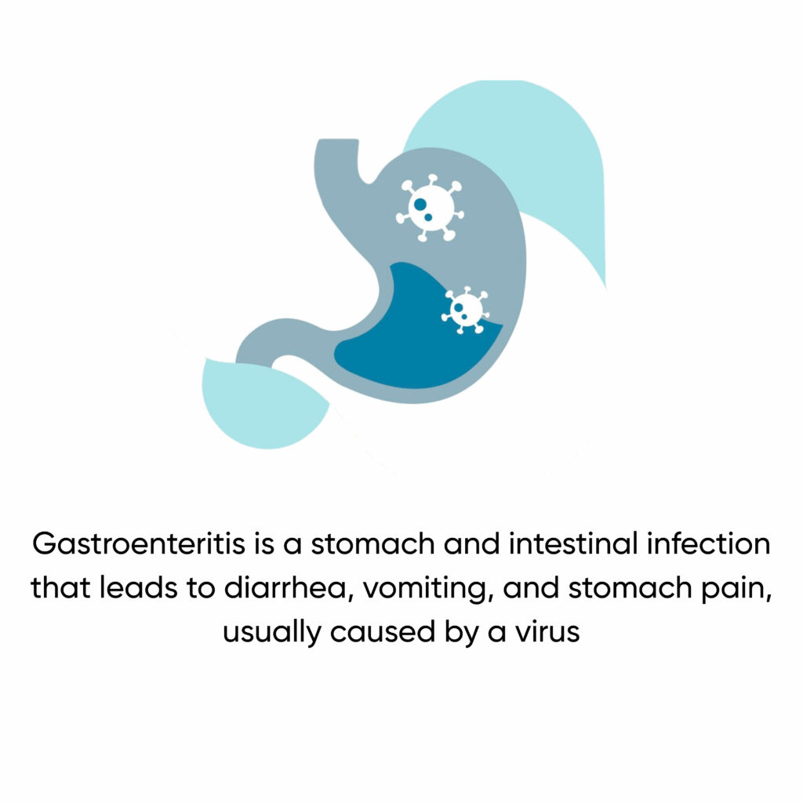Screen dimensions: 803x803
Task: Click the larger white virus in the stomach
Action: click(x=431, y=207)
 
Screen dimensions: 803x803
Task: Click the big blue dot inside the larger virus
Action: click(x=420, y=205)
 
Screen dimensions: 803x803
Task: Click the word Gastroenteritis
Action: click(x=139, y=544)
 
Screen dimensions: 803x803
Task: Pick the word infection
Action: click(x=708, y=544)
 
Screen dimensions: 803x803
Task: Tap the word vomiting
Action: click(x=428, y=589)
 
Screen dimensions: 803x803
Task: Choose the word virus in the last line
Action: click(x=547, y=632)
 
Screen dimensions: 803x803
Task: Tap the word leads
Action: click(x=138, y=588)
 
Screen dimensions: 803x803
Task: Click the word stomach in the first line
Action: click(x=373, y=544)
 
